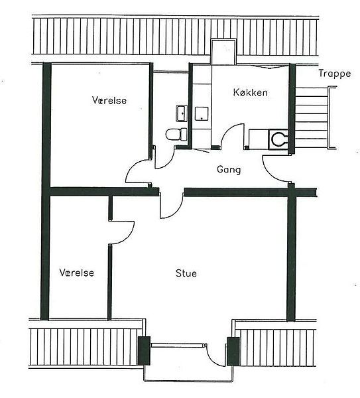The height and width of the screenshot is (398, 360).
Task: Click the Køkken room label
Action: [250, 92]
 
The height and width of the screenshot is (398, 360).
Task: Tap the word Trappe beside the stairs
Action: [335, 74]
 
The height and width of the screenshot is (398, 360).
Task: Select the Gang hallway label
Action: [229, 170]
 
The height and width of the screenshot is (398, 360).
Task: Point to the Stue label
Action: [186, 273]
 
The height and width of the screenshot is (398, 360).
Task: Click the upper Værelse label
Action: [109, 100]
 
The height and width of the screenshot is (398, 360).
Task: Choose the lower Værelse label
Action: [77, 273]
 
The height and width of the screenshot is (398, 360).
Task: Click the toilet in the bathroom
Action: [176, 134]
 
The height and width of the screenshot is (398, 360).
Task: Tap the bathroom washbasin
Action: [182, 113]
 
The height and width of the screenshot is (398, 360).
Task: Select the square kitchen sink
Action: [202, 113]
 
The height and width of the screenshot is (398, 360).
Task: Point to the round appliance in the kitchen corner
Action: [278, 139]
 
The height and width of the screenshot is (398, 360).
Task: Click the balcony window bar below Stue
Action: [178, 345]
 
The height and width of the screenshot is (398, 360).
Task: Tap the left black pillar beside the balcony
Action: [144, 351]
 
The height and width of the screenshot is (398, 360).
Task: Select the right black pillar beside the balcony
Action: [233, 351]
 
